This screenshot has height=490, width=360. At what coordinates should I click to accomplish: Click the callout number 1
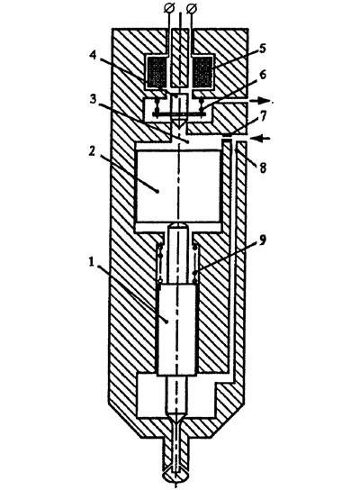click(x=92, y=262)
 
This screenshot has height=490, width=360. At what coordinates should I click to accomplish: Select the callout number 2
click(x=91, y=151)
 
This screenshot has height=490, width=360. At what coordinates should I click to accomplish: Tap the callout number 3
click(x=93, y=100)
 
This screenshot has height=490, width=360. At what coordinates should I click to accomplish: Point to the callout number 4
click(x=93, y=55)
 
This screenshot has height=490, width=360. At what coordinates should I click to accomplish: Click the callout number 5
click(x=262, y=49)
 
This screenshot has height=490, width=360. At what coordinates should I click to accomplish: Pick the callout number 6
click(x=263, y=76)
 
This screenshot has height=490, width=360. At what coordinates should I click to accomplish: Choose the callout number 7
click(x=263, y=116)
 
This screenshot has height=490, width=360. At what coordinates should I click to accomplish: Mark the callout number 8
click(x=263, y=168)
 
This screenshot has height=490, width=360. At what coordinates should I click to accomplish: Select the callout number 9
click(x=262, y=240)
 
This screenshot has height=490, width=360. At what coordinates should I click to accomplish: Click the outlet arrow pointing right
click(x=259, y=101)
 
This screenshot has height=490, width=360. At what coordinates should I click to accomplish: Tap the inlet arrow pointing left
click(x=260, y=138)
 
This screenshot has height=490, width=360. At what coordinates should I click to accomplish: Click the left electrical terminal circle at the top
click(x=168, y=8)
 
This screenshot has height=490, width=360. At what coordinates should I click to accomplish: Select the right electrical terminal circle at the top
click(x=192, y=8)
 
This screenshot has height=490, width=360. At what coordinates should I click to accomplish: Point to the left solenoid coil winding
click(x=157, y=72)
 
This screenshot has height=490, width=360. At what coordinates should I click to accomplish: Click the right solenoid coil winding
click(x=203, y=72)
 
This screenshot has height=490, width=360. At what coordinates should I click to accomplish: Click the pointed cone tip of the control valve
click(x=179, y=122)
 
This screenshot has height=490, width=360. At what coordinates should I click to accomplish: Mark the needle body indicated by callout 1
click(x=177, y=330)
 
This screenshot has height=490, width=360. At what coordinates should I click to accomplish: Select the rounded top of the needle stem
click(x=178, y=226)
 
